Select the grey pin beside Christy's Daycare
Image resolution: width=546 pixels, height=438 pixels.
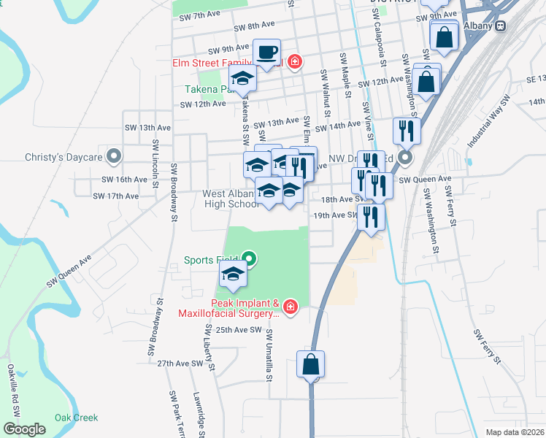(x=113, y=156)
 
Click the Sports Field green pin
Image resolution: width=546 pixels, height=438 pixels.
(x=249, y=258)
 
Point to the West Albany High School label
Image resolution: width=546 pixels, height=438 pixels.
(x=231, y=199)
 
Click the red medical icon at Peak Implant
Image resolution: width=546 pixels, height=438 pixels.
(x=290, y=307)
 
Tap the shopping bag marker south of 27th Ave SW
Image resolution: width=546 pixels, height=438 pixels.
(x=310, y=364)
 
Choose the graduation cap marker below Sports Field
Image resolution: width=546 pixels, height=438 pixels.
(x=234, y=275)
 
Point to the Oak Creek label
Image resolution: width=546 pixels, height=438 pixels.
(x=75, y=418)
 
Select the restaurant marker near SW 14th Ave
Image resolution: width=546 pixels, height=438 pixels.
(x=406, y=131)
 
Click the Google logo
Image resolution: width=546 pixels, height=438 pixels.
(x=24, y=429)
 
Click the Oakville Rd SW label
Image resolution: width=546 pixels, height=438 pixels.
(x=13, y=391)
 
